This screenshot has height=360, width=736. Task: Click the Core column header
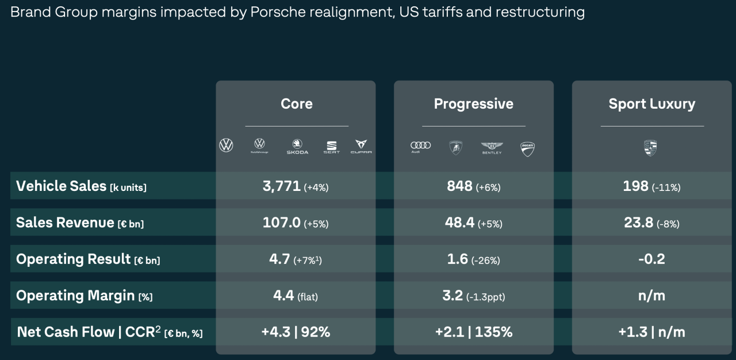pyautogui.click(x=296, y=104)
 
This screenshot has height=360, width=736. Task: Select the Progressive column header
pyautogui.click(x=473, y=104)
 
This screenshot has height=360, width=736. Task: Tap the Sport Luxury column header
pyautogui.click(x=651, y=104)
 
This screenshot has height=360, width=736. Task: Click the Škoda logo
pyautogui.click(x=297, y=147)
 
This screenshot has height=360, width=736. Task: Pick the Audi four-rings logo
pyautogui.click(x=420, y=146)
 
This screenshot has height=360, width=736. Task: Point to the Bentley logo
pyautogui.click(x=492, y=148)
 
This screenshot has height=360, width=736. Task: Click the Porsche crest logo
pyautogui.click(x=650, y=148)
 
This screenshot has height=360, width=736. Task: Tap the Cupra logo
pyautogui.click(x=361, y=147)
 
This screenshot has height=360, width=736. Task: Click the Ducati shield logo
pyautogui.click(x=527, y=148)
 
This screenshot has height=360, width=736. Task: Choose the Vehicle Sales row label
pyautogui.click(x=81, y=186)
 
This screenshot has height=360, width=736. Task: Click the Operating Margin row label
pyautogui.click(x=84, y=296)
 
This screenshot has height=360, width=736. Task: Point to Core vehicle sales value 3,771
pyautogui.click(x=281, y=186)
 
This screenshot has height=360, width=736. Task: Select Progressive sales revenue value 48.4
pyautogui.click(x=459, y=223)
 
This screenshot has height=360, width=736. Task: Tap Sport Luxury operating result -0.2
pyautogui.click(x=651, y=259)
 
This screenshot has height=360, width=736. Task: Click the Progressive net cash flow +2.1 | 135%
pyautogui.click(x=473, y=332)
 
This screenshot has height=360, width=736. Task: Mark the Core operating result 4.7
pyautogui.click(x=279, y=259)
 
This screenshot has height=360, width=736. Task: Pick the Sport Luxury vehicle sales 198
pyautogui.click(x=635, y=186)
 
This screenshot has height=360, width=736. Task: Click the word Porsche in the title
pyautogui.click(x=275, y=12)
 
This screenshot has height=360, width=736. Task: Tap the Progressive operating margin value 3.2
pyautogui.click(x=453, y=296)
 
